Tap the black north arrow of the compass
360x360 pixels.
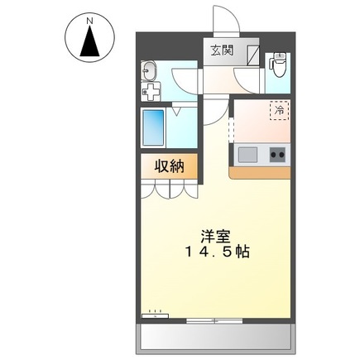pos(89,42)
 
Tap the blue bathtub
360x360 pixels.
pos(154,125)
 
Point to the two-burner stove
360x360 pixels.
pos(276,153)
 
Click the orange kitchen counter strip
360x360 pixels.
pos(261,172)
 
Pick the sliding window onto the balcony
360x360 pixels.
pos(214,319)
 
